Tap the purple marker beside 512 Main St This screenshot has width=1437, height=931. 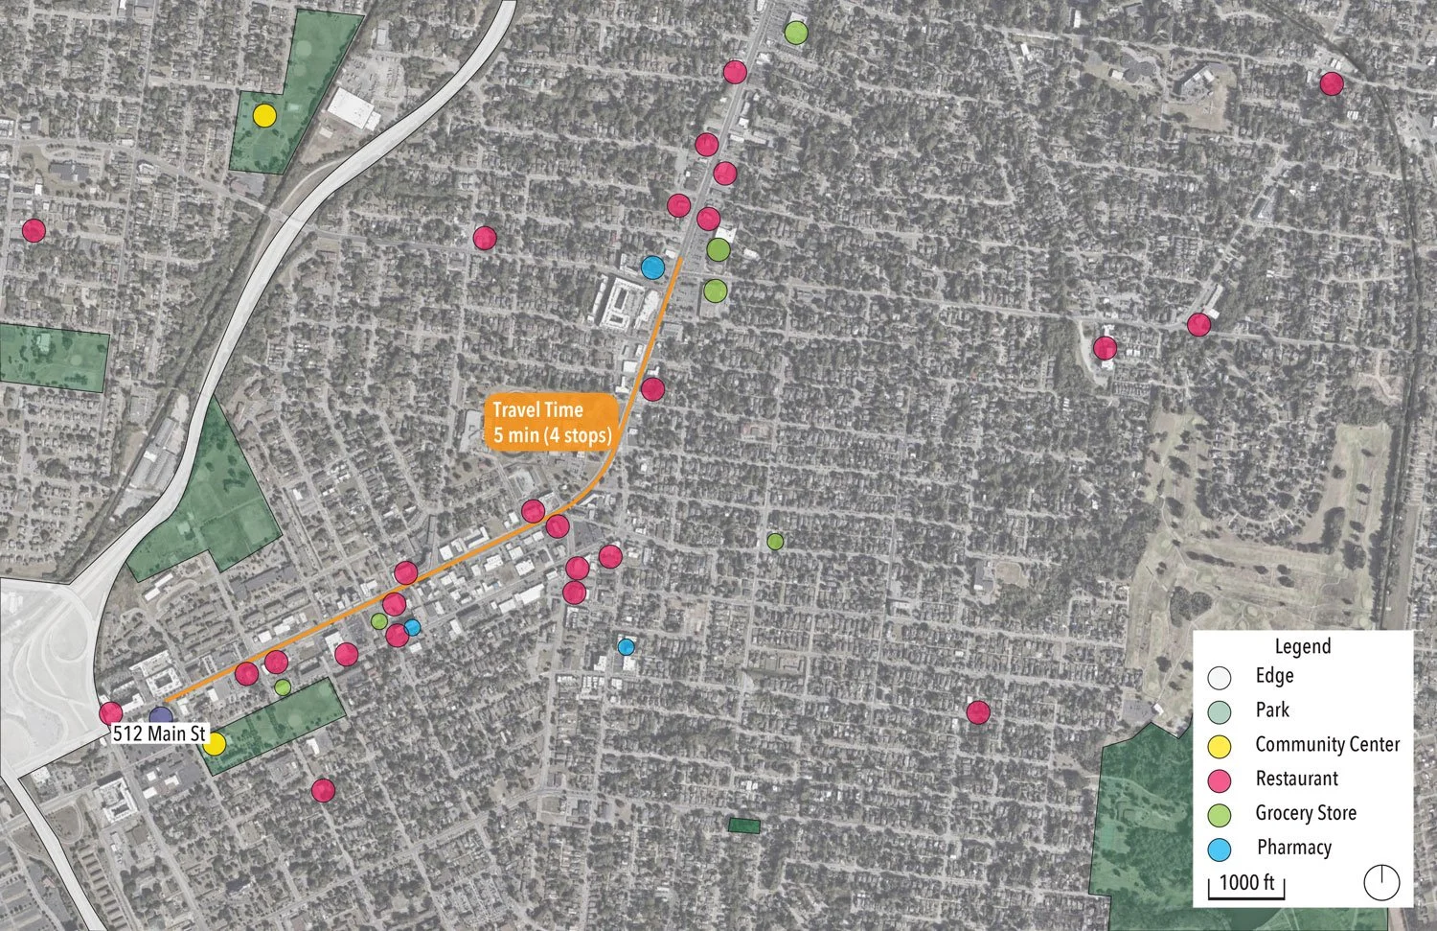click(161, 717)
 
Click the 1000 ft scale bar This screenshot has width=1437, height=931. click(1247, 884)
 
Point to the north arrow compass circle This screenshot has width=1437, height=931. click(1381, 882)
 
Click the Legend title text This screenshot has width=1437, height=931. click(1302, 646)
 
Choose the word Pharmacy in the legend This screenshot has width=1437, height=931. click(1293, 848)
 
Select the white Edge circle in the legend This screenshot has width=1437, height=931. click(1220, 677)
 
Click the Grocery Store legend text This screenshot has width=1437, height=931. click(1306, 813)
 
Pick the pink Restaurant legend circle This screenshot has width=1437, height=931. click(1220, 780)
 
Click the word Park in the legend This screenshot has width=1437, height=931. click(1272, 710)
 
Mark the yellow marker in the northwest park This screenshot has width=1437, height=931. click(264, 116)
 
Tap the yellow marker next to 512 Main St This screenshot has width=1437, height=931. click(215, 743)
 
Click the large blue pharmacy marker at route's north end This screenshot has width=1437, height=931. click(652, 268)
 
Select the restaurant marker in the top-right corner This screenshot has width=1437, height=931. click(1332, 83)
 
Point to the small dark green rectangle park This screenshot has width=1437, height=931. click(743, 825)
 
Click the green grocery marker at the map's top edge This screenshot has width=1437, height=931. click(795, 33)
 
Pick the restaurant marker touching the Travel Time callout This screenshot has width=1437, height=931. click(652, 388)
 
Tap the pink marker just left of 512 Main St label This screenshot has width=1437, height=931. click(110, 713)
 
